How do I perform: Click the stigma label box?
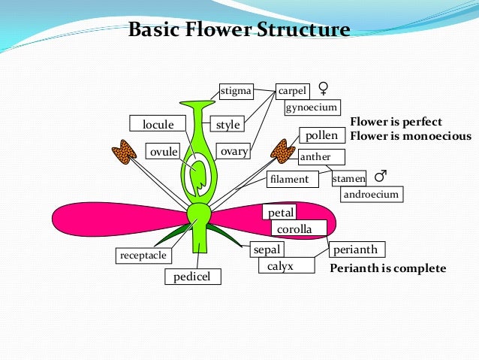click(236, 91)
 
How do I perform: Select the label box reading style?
click(227, 124)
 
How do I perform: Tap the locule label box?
click(158, 123)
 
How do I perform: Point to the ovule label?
click(163, 151)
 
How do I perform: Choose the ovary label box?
click(233, 151)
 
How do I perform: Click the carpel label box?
click(293, 92)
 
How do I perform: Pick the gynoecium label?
click(312, 107)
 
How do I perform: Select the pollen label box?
click(322, 135)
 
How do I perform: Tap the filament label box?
click(293, 179)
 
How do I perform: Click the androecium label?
click(372, 194)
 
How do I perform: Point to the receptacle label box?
click(143, 256)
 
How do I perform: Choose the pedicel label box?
click(193, 277)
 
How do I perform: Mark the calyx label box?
click(287, 265)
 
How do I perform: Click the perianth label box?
click(357, 250)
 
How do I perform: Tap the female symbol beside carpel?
click(323, 89)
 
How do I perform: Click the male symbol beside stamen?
click(381, 176)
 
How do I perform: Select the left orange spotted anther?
click(124, 152)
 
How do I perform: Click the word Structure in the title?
click(303, 29)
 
